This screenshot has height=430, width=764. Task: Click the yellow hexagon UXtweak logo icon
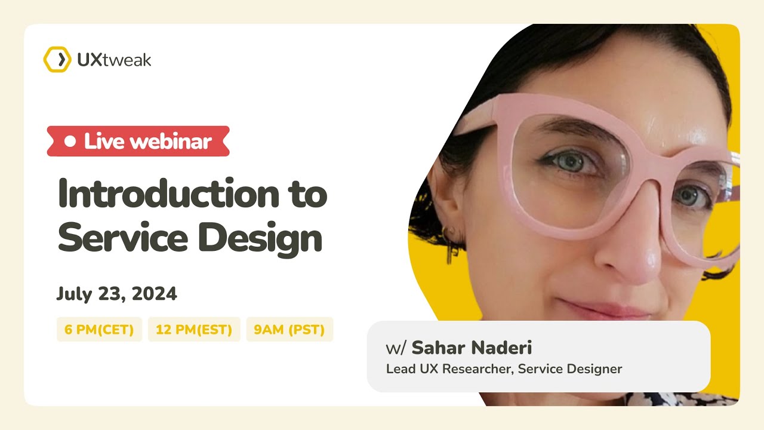(57, 60)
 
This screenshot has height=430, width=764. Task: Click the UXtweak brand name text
(114, 60)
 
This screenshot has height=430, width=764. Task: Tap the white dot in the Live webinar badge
(70, 142)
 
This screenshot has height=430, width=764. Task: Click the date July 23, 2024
(117, 294)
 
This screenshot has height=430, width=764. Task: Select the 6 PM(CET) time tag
(99, 330)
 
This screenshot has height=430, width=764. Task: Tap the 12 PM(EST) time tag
(194, 330)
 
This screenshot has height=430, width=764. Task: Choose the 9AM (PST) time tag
(289, 330)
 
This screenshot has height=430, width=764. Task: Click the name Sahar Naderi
(472, 348)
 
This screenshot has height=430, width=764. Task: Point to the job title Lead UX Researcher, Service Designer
(504, 369)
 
